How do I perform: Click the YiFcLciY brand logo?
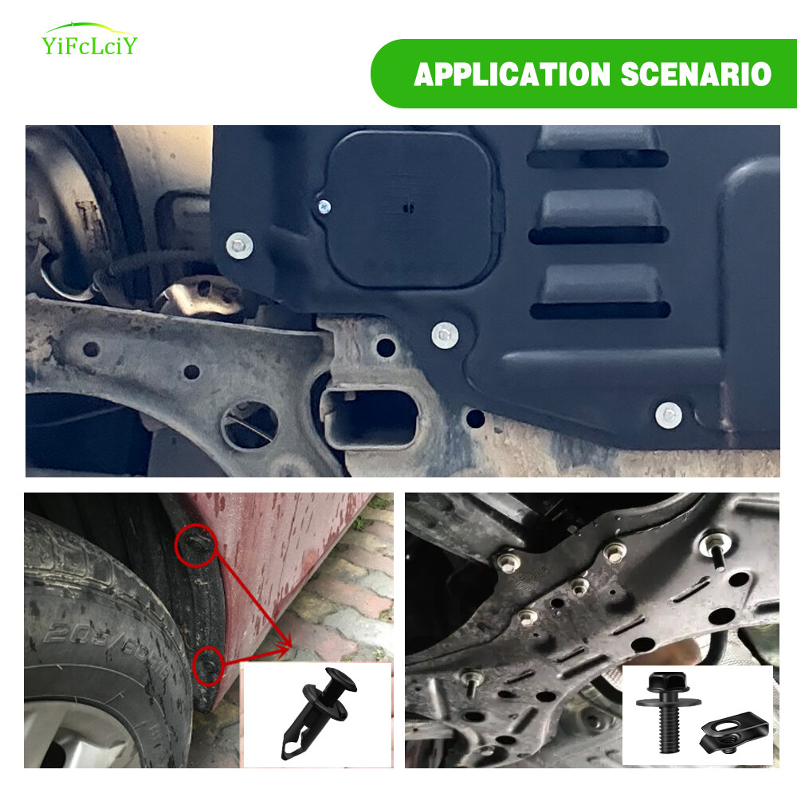tap(89, 40)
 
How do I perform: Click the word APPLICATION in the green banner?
tap(512, 74)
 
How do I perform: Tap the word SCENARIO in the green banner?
tap(696, 74)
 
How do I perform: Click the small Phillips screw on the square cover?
tap(324, 207)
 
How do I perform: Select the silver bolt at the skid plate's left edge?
tap(239, 245)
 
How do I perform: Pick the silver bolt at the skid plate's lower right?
tap(669, 415)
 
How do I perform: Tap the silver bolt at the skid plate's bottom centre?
tap(445, 336)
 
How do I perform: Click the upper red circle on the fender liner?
tap(196, 545)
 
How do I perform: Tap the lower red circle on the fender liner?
tap(208, 665)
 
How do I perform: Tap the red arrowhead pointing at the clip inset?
tap(285, 645)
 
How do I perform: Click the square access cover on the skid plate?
tap(410, 208)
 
